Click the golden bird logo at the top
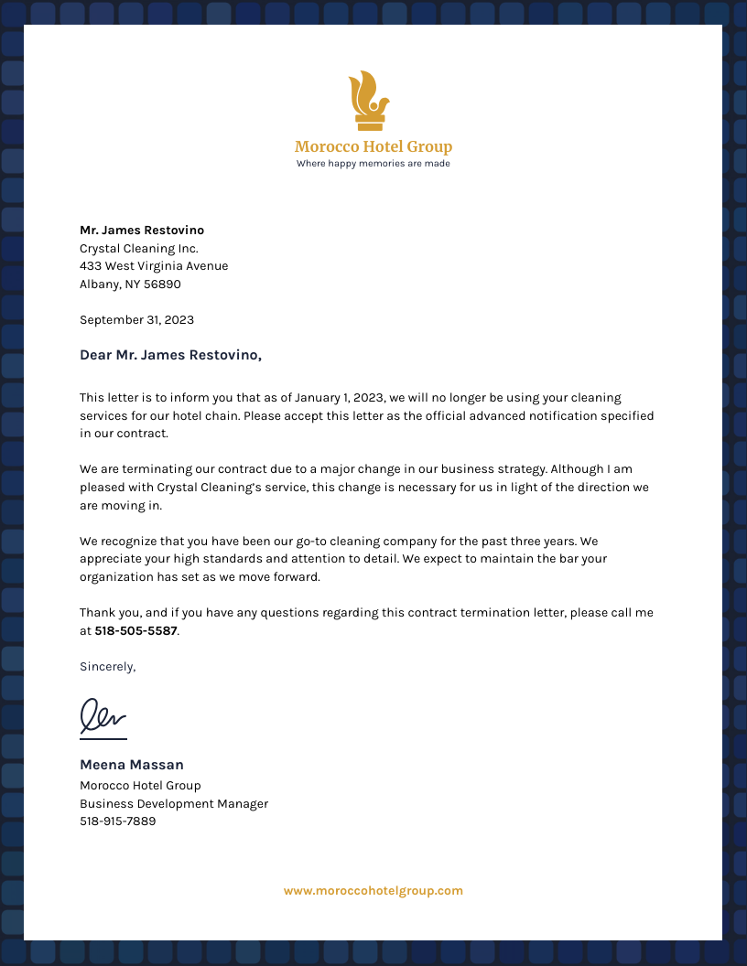(x=369, y=100)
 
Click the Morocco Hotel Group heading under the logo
(x=373, y=146)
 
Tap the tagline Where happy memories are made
(x=373, y=164)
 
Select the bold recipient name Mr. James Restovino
(x=142, y=231)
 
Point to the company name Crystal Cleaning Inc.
(x=139, y=249)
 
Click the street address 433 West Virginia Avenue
(x=154, y=266)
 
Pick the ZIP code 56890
(x=162, y=284)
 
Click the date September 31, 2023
(x=136, y=320)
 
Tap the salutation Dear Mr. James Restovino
(x=170, y=355)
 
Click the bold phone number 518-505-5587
(x=135, y=631)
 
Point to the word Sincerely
(x=107, y=667)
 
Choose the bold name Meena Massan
(x=132, y=765)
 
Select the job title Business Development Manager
(x=174, y=804)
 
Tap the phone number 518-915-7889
(x=117, y=821)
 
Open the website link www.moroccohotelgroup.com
(x=373, y=891)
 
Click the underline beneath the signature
(x=103, y=738)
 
